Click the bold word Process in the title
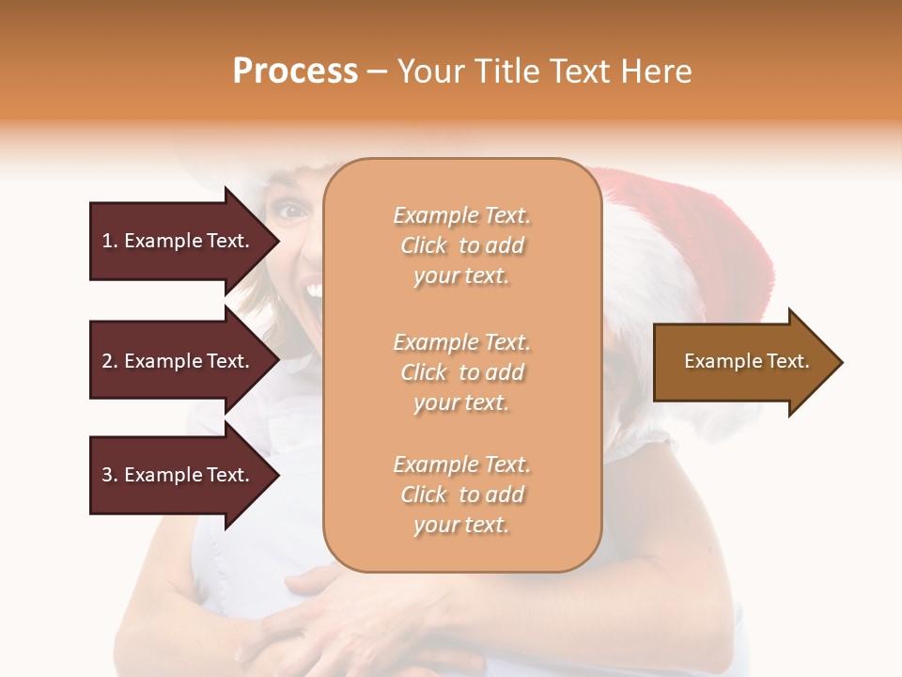coord(295,71)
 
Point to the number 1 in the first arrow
coord(107,241)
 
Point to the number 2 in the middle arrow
coord(107,361)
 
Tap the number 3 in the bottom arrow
coord(107,475)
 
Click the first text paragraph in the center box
coord(461,245)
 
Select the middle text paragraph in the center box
coord(461,372)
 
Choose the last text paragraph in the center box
coord(461,495)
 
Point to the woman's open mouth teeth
coord(314,290)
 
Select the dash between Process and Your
coord(377,71)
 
